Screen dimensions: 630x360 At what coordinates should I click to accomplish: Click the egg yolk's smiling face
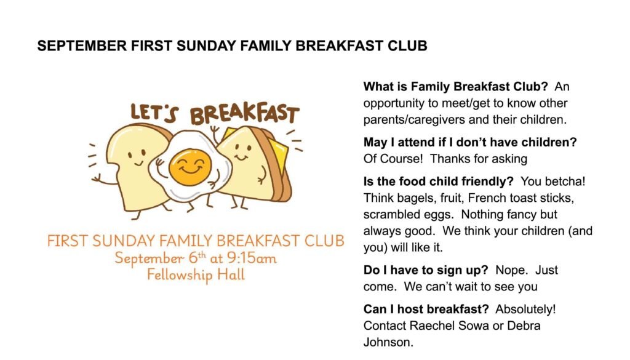190,167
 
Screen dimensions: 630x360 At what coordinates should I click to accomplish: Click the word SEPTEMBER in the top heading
82,46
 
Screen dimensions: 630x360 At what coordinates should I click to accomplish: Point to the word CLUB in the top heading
407,46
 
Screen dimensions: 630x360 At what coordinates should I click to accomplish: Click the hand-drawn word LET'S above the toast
154,113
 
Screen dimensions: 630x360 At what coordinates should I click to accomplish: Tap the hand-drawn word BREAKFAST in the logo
245,113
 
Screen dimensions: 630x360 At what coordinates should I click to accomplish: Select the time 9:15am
252,258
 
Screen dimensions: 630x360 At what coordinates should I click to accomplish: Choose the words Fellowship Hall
196,275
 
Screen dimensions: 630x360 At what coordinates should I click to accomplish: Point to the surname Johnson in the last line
388,342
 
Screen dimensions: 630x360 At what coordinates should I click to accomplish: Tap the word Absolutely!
525,309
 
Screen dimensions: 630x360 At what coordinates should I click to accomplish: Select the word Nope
511,270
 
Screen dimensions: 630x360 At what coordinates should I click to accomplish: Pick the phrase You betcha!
553,181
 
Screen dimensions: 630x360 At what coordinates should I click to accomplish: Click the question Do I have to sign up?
426,270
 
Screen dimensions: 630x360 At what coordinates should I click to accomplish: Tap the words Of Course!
393,159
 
